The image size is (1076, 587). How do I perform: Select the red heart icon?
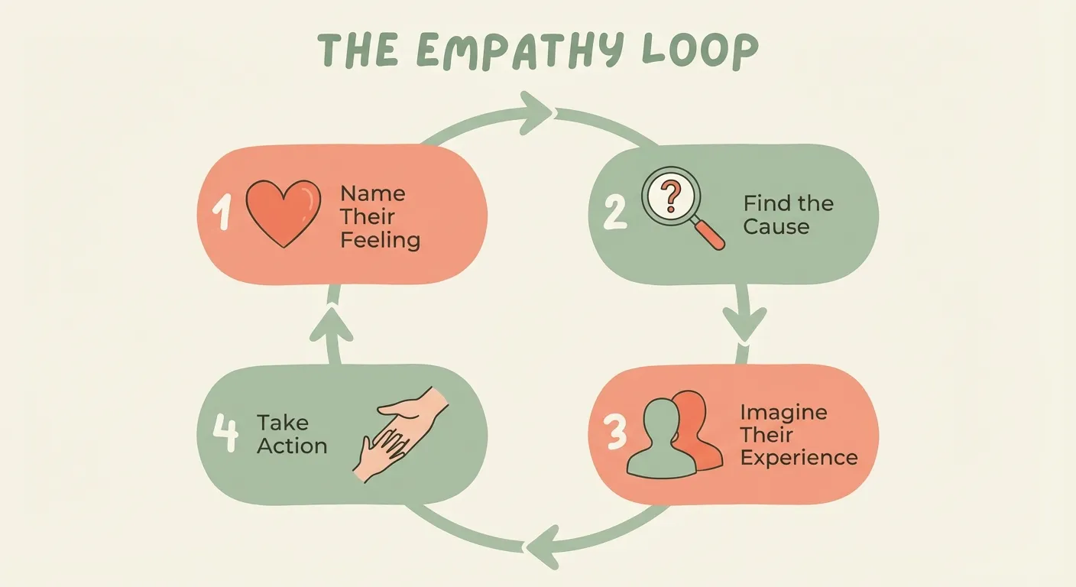tap(283, 212)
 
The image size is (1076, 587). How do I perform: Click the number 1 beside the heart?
tap(222, 213)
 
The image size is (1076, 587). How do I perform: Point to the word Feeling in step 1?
tap(380, 240)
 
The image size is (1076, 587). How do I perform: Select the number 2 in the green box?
tap(614, 213)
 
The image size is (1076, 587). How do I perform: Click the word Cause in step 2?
tap(776, 227)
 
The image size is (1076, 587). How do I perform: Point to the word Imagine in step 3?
tap(783, 413)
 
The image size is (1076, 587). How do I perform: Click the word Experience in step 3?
tap(799, 458)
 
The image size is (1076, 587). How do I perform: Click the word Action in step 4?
tap(292, 446)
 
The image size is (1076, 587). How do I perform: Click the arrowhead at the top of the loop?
tap(536, 114)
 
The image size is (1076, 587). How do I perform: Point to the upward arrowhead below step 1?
tap(331, 321)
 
